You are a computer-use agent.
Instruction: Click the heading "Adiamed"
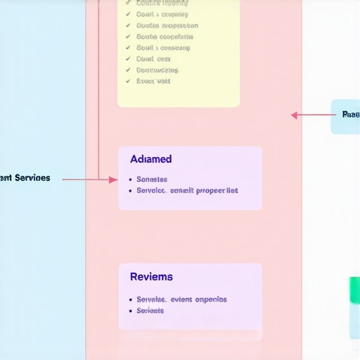click(x=150, y=160)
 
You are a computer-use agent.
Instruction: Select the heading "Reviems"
click(x=151, y=277)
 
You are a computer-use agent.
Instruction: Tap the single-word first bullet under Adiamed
click(x=152, y=179)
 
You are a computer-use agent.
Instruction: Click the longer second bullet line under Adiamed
click(x=187, y=191)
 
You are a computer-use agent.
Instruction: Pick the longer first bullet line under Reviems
click(x=181, y=299)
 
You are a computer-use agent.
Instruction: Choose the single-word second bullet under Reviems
click(x=150, y=310)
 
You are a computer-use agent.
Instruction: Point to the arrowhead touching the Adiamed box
click(x=113, y=180)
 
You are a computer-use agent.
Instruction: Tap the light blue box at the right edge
click(x=346, y=116)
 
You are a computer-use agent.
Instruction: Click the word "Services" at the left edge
click(x=32, y=178)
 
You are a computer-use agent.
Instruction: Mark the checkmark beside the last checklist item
click(x=128, y=81)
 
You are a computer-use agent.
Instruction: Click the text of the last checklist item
click(x=153, y=81)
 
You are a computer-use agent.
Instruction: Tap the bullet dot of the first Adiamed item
click(x=130, y=179)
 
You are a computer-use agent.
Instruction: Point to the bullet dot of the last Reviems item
click(x=130, y=310)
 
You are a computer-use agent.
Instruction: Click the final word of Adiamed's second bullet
click(x=232, y=191)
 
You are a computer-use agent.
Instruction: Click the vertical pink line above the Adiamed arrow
click(x=99, y=84)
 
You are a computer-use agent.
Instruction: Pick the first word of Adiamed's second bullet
click(x=151, y=191)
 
